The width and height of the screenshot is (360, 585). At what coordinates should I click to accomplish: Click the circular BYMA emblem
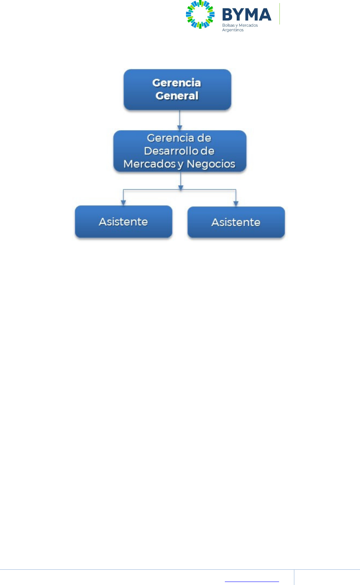[200, 15]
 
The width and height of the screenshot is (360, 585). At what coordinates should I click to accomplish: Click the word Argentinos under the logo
[233, 30]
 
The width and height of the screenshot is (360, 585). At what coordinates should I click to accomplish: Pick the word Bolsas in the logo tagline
[228, 26]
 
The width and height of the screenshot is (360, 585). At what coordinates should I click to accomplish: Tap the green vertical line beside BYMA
[280, 14]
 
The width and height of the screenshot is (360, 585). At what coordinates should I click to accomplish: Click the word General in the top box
[177, 96]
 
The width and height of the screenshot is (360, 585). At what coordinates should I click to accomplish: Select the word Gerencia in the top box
[176, 83]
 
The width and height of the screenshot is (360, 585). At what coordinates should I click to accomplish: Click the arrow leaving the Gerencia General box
[179, 120]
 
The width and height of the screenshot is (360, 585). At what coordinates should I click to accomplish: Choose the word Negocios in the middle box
[211, 164]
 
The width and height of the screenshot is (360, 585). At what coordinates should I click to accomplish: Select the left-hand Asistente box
[123, 222]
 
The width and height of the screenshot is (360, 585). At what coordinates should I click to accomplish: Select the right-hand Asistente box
[236, 222]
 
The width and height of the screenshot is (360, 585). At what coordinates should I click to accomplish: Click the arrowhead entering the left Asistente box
[123, 203]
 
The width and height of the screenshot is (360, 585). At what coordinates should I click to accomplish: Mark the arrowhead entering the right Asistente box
[236, 204]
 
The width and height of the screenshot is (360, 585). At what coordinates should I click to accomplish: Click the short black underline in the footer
[252, 582]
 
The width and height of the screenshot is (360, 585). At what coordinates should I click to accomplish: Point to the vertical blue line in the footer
[294, 577]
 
